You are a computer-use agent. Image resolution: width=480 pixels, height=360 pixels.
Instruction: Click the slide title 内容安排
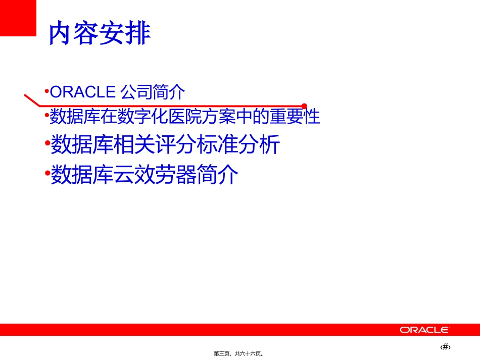(100, 34)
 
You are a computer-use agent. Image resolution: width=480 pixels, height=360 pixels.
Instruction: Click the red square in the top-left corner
(18, 18)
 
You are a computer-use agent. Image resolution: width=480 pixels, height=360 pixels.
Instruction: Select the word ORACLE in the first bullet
(83, 92)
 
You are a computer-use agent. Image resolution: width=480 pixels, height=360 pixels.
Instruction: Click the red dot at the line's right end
(304, 106)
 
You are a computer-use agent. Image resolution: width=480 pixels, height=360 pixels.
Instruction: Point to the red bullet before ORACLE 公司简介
(46, 91)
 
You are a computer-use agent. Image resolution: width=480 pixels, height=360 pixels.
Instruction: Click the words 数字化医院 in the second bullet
(159, 117)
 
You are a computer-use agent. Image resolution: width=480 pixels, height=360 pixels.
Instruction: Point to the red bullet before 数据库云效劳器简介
(47, 174)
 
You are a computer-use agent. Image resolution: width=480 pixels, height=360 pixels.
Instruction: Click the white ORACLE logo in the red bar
(424, 330)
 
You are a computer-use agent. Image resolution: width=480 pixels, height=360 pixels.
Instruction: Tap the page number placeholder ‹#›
(445, 347)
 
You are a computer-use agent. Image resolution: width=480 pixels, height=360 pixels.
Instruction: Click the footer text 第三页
(222, 354)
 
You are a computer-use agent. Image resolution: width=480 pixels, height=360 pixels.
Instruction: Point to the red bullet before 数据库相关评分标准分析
(47, 144)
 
